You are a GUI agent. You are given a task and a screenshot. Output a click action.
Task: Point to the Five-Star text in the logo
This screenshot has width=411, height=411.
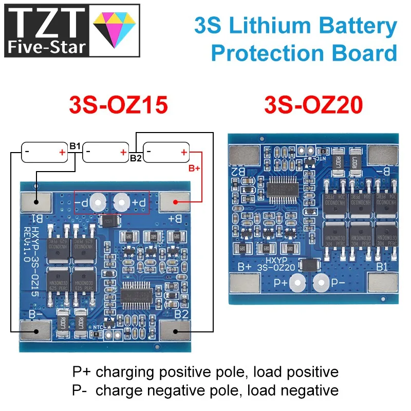click(x=46, y=47)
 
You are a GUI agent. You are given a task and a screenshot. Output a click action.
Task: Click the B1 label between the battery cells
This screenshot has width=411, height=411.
click(x=75, y=147)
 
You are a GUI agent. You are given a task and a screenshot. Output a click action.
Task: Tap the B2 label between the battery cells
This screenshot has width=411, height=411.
click(x=136, y=158)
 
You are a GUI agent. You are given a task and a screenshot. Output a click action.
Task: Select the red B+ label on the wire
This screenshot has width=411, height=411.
click(x=194, y=168)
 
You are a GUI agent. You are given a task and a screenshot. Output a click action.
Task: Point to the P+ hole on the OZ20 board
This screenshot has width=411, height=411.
click(x=296, y=282)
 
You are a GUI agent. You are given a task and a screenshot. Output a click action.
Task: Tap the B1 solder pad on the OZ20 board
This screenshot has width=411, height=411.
click(x=383, y=283)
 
